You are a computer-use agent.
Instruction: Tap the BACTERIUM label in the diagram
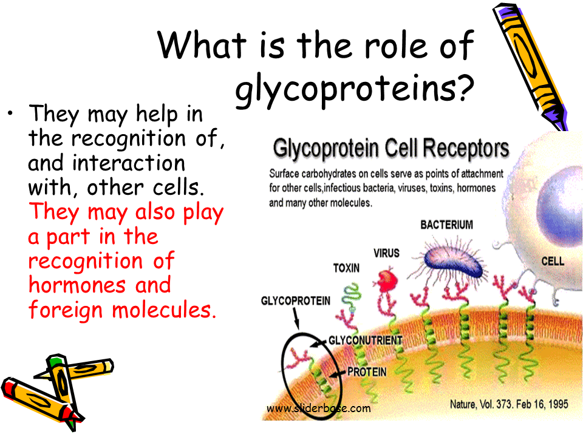[446, 225]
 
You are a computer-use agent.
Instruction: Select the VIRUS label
[386, 253]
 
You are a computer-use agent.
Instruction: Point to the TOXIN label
[346, 268]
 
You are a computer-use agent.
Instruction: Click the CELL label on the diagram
[553, 261]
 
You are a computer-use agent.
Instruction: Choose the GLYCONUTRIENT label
[365, 340]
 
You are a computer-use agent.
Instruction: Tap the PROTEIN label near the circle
[367, 371]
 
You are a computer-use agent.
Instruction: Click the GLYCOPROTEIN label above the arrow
[296, 300]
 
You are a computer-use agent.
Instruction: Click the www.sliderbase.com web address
[319, 408]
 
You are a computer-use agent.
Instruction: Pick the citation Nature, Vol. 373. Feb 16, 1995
[509, 404]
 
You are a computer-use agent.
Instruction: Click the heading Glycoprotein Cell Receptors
[390, 148]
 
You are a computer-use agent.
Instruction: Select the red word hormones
[77, 285]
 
